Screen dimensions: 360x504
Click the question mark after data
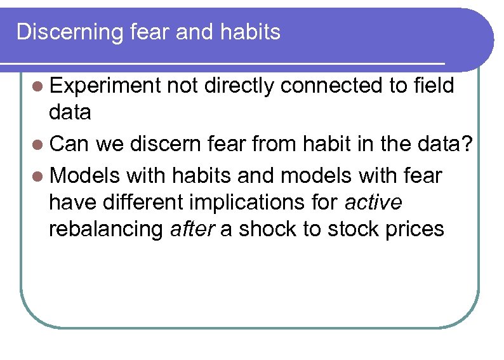[x=467, y=144]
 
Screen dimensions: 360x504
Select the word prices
[x=416, y=229]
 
